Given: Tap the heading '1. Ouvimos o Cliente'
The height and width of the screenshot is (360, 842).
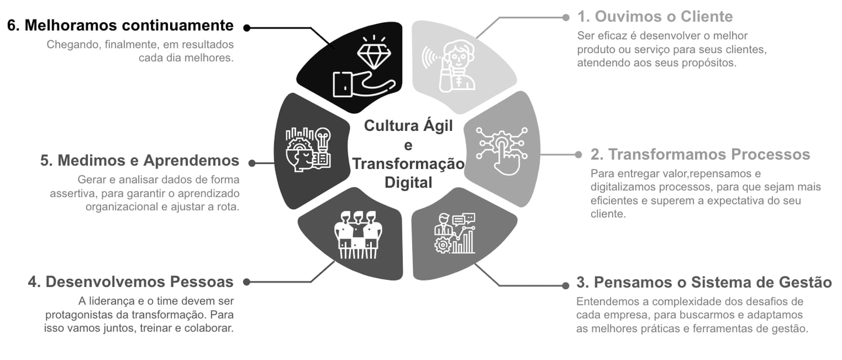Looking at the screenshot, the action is coord(655,16).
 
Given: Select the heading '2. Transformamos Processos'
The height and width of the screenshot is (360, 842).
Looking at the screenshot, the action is coord(700,154).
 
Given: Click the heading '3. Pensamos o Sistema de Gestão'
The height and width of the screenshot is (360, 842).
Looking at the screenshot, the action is coord(704,282).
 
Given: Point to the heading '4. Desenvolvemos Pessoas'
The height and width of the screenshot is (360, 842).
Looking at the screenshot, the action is coord(130,282).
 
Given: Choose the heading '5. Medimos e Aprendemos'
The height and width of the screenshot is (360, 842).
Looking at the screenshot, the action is coord(140,161).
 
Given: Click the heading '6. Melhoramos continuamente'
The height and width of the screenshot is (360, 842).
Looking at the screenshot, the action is coord(120,26).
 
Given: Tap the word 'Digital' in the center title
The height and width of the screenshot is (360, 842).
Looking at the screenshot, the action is coord(408,182).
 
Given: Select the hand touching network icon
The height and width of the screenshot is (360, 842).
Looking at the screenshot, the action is coord(501,150).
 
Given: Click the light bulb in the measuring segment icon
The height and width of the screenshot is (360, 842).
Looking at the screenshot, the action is coord(323,138).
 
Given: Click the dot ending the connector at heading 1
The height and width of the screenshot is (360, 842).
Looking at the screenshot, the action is coord(565,18).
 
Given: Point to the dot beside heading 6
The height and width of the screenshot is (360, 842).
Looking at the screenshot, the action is coord(247,27).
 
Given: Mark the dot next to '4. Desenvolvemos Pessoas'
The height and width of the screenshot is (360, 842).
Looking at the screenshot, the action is coord(247,282).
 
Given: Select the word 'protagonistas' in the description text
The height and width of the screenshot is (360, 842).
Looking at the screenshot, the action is coord(74,314).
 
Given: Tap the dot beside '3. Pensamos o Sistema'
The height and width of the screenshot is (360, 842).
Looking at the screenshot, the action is coord(565,285).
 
